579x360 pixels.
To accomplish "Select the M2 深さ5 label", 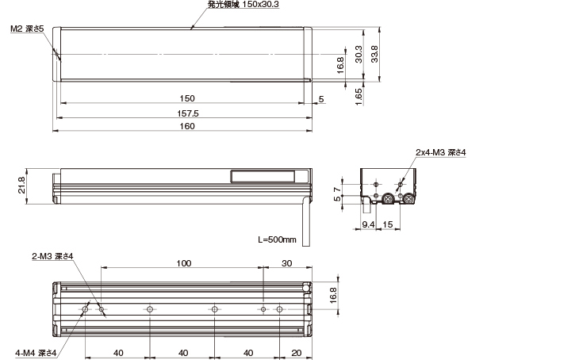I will point(28,29).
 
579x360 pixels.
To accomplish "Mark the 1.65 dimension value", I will point(359,96).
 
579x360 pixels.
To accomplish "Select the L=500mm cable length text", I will point(277,239).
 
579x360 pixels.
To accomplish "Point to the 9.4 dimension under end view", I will point(368,225).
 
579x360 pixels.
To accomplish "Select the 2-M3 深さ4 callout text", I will point(52,256).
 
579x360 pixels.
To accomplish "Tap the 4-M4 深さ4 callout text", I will point(36,352).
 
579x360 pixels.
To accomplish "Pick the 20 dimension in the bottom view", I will point(296,352).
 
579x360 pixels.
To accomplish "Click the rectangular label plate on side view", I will point(263,178).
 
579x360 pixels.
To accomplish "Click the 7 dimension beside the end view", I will point(339,189).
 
